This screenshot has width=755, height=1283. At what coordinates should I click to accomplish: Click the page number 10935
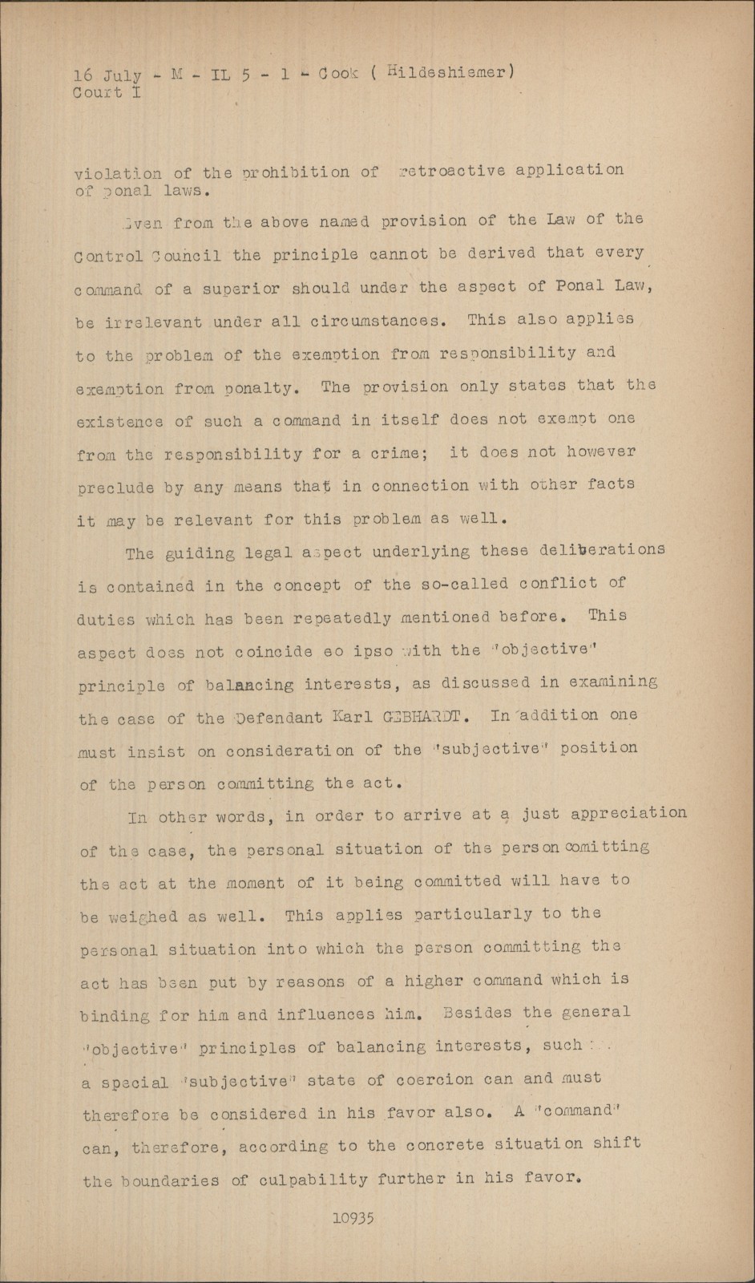click(x=353, y=1218)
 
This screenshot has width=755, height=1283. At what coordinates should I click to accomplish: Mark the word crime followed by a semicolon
click(x=398, y=453)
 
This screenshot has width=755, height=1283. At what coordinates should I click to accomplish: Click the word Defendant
click(x=279, y=718)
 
